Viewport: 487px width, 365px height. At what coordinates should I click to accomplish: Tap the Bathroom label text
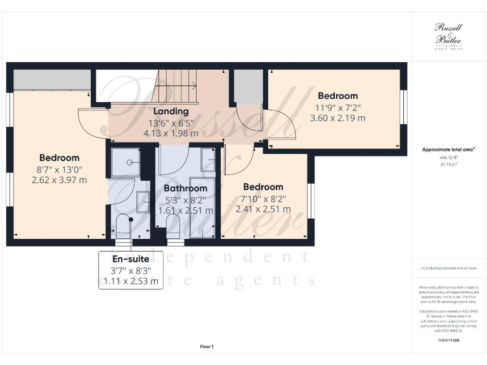185,188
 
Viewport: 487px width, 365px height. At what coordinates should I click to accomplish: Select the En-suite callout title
131,259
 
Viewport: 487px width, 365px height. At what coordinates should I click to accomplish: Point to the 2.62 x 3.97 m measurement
59,180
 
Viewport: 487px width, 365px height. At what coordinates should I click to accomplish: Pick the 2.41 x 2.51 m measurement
263,208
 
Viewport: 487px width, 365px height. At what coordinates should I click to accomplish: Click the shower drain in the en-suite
129,162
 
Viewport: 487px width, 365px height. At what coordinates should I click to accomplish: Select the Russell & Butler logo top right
448,35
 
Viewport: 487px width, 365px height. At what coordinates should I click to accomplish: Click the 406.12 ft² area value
448,158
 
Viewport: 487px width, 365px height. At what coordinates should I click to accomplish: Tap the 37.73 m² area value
448,164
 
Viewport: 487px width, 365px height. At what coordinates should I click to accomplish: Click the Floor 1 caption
207,347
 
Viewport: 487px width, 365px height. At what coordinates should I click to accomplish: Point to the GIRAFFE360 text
448,341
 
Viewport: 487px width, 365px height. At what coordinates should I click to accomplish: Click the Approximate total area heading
448,150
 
